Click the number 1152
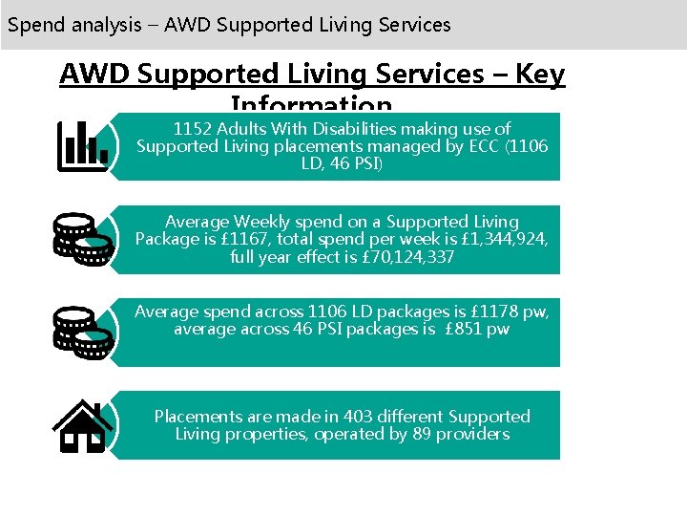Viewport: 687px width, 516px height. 193,128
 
